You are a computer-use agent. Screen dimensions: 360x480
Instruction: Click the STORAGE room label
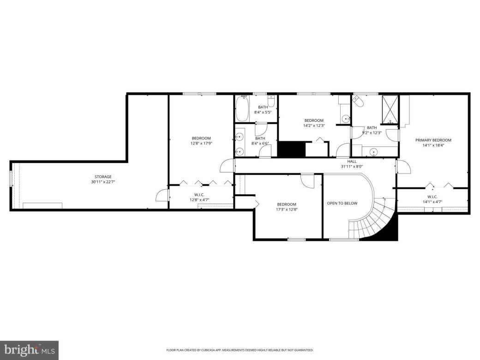click(x=103, y=177)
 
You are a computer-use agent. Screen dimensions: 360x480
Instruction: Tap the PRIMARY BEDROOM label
click(x=433, y=140)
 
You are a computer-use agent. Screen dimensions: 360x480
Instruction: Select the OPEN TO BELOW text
click(x=342, y=203)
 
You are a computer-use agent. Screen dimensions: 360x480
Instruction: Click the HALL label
click(x=352, y=161)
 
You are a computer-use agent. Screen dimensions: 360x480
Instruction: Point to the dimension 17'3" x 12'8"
click(x=287, y=210)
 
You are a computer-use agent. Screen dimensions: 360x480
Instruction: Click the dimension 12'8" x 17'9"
click(x=201, y=143)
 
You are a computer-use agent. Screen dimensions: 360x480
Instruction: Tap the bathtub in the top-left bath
click(x=242, y=109)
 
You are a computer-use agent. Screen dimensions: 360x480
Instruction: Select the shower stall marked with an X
click(x=390, y=109)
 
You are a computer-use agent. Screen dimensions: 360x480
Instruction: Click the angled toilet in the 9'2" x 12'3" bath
click(x=359, y=100)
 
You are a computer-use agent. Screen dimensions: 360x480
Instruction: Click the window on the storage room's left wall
click(x=12, y=179)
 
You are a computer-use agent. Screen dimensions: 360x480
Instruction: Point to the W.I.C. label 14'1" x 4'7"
click(x=432, y=201)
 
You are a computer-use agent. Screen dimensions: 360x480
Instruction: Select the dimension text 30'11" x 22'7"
click(x=103, y=182)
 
